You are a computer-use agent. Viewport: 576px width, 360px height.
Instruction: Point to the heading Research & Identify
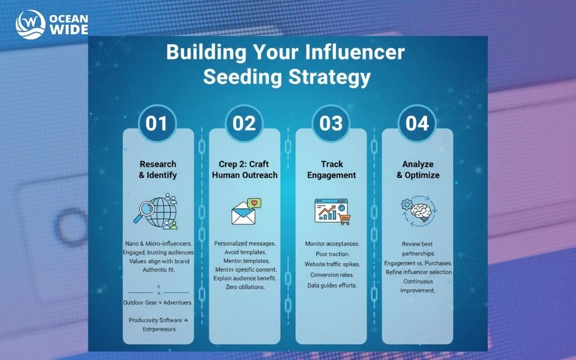pyautogui.click(x=157, y=169)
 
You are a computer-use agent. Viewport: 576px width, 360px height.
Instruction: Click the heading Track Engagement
pyautogui.click(x=331, y=169)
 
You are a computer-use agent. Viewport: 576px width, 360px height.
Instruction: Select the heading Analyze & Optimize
pyautogui.click(x=417, y=169)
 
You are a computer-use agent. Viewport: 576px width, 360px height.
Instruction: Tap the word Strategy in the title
pyautogui.click(x=329, y=76)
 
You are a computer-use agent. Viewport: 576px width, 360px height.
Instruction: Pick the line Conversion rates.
pyautogui.click(x=332, y=275)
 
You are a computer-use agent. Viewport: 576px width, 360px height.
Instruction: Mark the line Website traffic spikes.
pyautogui.click(x=331, y=264)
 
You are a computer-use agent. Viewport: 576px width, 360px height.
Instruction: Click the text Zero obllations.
pyautogui.click(x=244, y=287)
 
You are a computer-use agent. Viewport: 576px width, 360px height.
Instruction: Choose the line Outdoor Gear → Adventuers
pyautogui.click(x=157, y=303)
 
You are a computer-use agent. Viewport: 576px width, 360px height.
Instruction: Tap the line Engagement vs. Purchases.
pyautogui.click(x=417, y=263)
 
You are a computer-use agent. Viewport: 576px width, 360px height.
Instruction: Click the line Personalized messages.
pyautogui.click(x=245, y=244)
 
